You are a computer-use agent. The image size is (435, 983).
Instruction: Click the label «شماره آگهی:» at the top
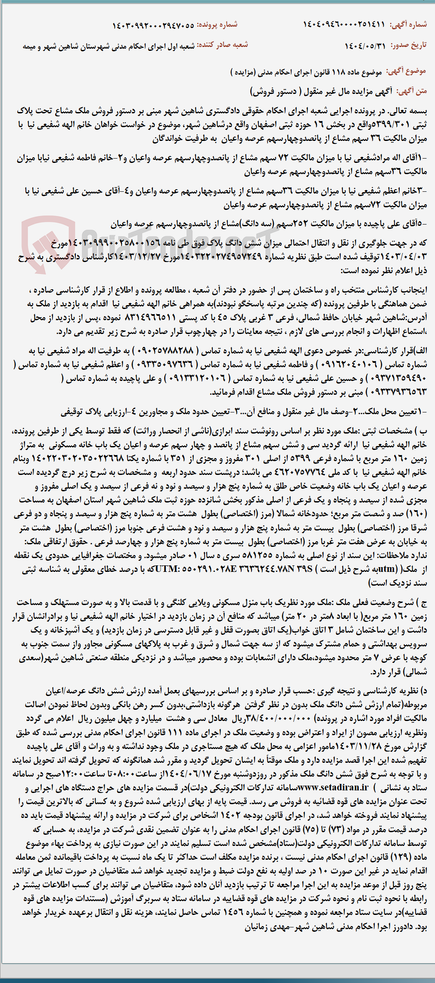click(408, 25)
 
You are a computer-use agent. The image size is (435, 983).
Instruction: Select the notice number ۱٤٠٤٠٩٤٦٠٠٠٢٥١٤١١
click(344, 25)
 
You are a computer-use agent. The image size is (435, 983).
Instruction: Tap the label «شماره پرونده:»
click(217, 25)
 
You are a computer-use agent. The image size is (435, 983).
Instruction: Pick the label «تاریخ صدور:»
click(409, 45)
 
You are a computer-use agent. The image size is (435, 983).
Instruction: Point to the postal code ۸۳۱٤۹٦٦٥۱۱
click(150, 318)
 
